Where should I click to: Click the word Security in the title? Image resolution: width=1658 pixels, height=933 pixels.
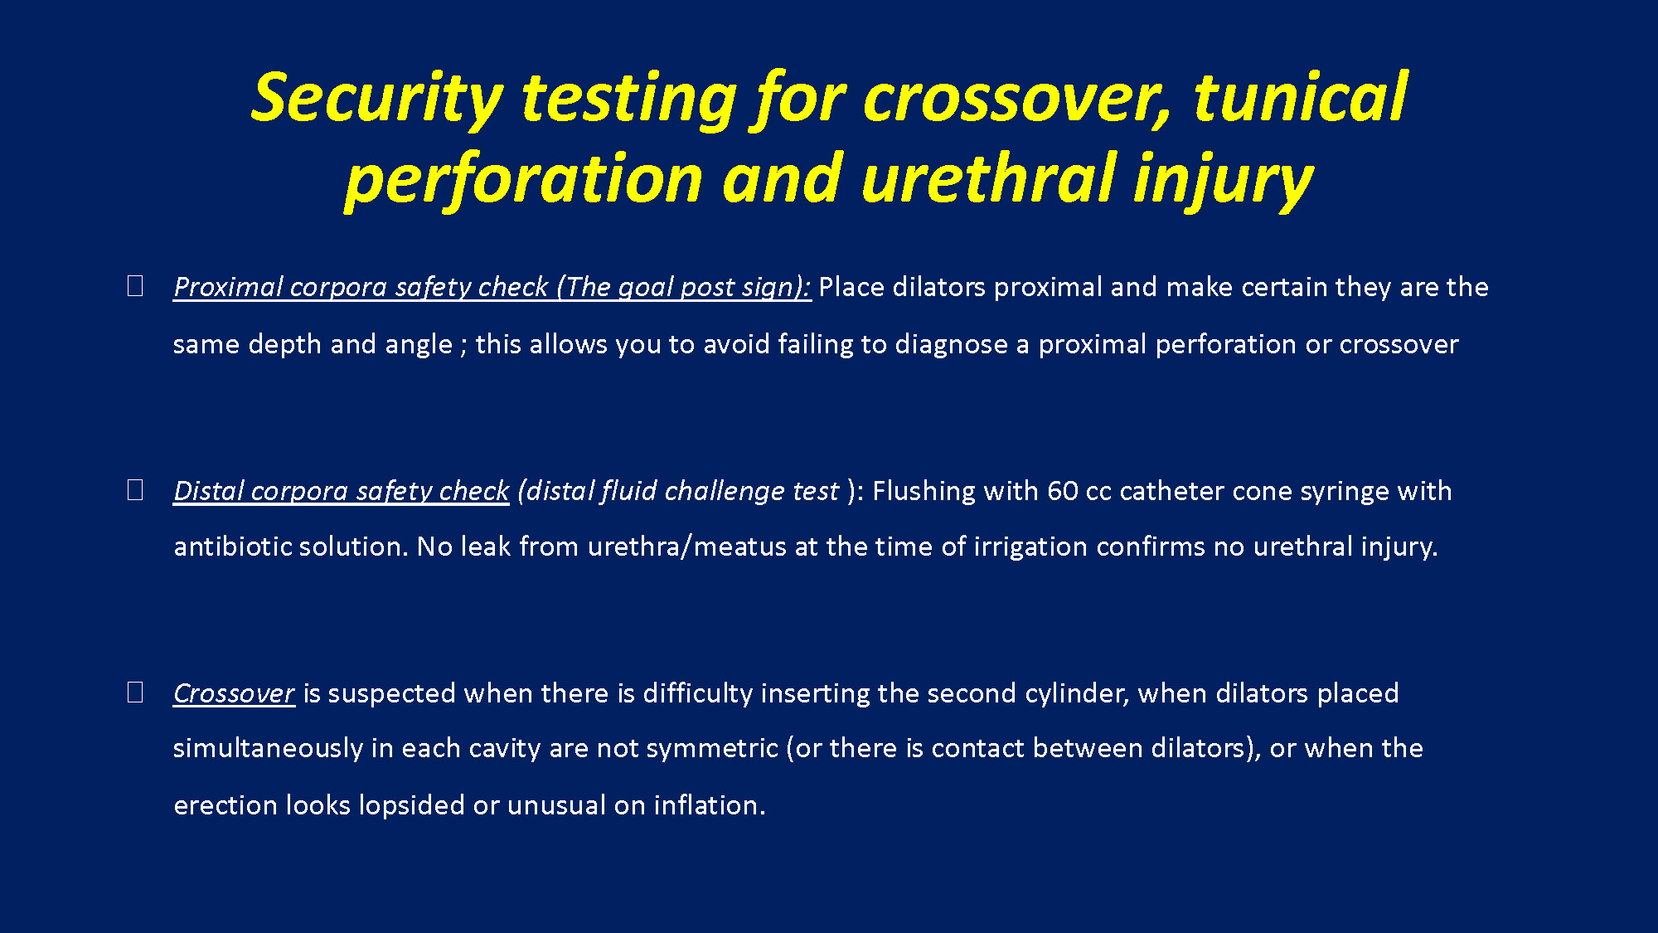point(377,99)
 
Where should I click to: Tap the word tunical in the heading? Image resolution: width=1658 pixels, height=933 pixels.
point(1300,97)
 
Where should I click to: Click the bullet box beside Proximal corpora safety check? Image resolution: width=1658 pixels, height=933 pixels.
point(135,286)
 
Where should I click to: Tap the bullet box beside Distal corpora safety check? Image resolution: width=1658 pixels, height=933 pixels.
point(135,490)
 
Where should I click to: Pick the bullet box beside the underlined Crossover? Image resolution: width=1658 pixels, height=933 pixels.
point(135,692)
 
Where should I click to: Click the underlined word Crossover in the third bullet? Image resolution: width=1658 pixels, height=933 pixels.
point(234,693)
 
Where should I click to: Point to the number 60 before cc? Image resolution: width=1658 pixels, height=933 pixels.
point(1062,491)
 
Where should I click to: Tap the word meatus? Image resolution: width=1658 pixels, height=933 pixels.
point(739,547)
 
